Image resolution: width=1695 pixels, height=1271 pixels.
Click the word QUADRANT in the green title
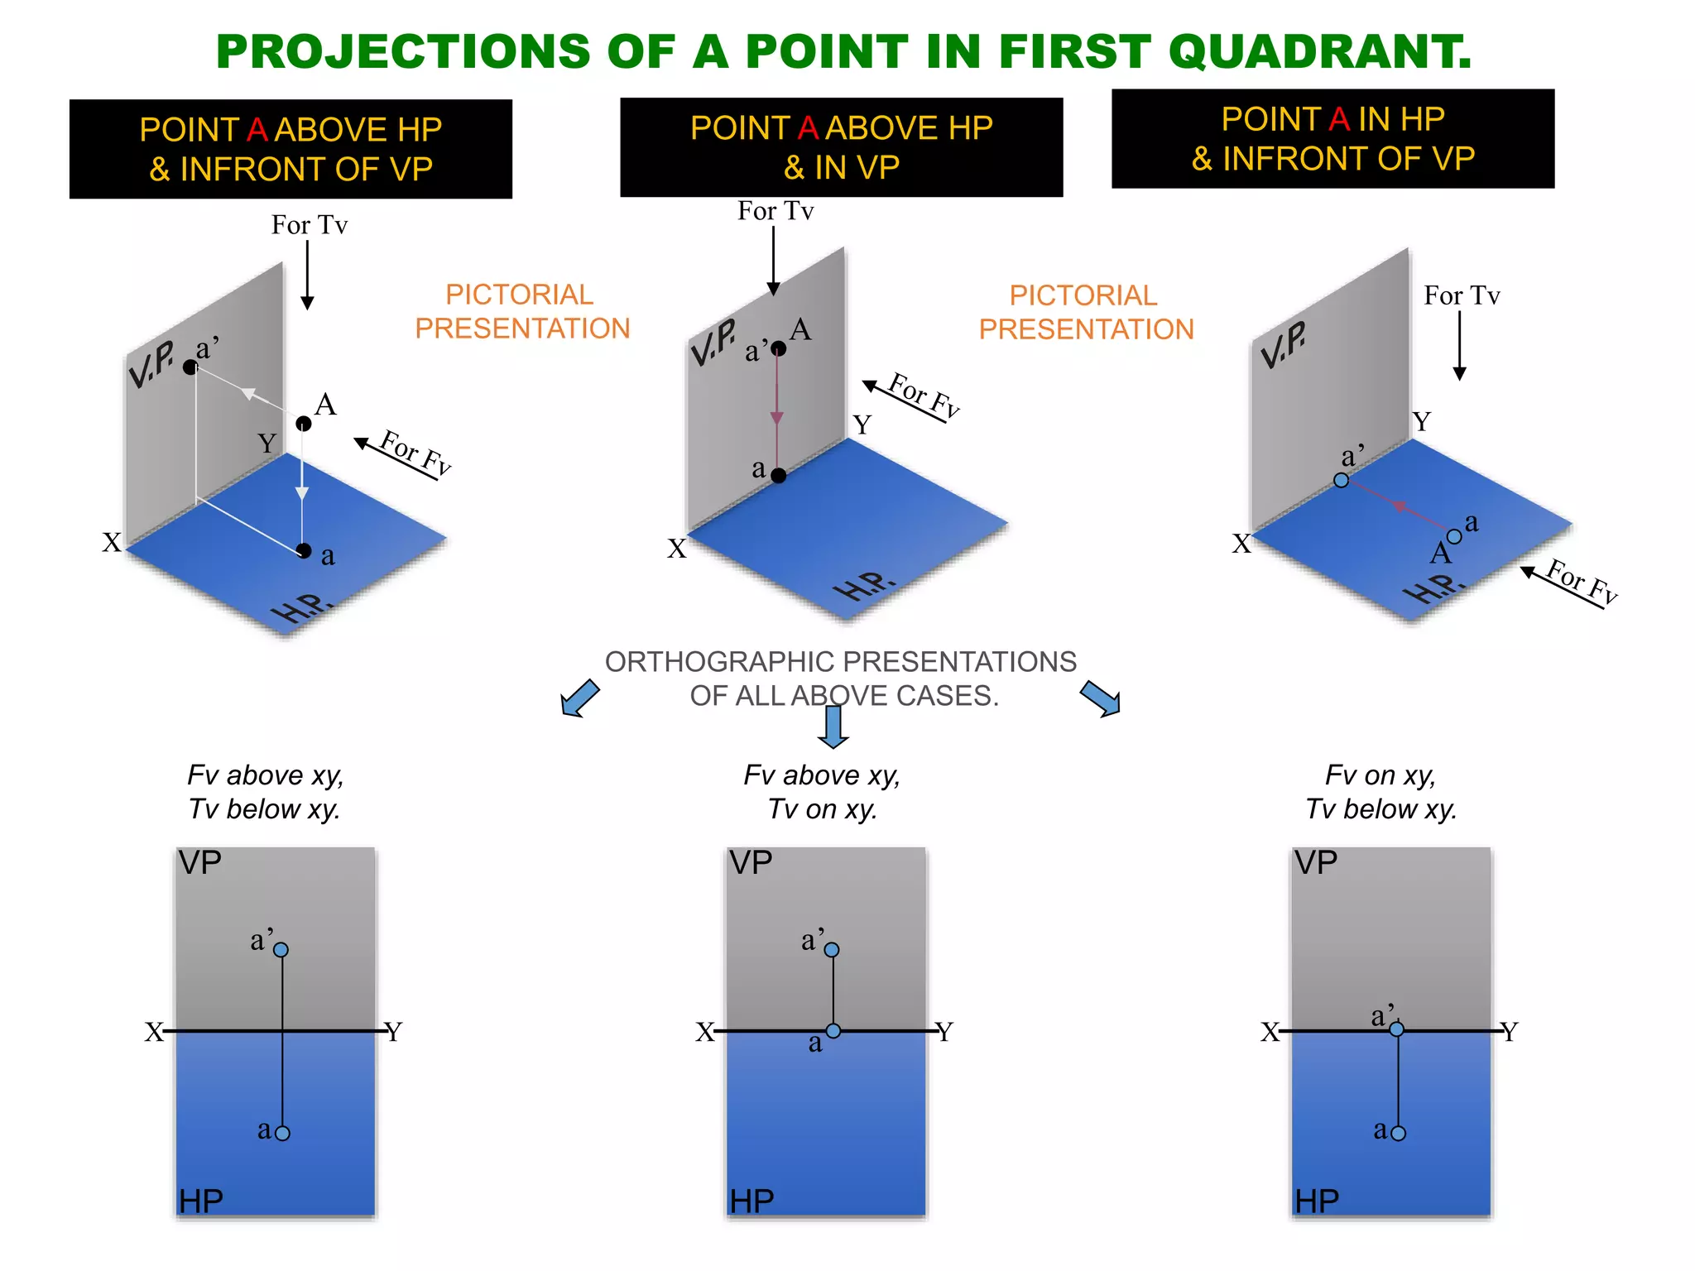click(1320, 51)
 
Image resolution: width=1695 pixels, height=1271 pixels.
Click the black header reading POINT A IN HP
click(1332, 138)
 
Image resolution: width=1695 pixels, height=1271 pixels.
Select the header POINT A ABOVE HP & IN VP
click(841, 147)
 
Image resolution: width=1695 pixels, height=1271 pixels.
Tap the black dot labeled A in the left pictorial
click(304, 424)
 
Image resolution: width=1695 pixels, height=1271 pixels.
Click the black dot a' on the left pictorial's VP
click(190, 367)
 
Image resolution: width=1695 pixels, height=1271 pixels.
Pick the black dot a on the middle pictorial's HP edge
click(778, 475)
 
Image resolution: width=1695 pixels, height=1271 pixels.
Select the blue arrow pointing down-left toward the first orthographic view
click(579, 699)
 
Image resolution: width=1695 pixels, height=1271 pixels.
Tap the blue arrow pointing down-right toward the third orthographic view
click(1102, 698)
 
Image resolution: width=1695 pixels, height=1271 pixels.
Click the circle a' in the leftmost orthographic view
click(281, 950)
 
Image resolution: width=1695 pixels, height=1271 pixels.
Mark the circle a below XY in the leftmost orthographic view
click(283, 1133)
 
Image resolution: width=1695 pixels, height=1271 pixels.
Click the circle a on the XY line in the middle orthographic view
click(833, 1031)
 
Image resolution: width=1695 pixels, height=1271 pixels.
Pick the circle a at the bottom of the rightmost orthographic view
click(1399, 1133)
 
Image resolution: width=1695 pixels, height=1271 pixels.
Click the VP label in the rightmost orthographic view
click(1316, 863)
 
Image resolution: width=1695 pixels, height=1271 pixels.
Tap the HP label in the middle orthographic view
click(751, 1201)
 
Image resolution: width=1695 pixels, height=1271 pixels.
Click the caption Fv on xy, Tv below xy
click(1380, 792)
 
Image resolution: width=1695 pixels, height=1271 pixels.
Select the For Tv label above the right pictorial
click(1462, 295)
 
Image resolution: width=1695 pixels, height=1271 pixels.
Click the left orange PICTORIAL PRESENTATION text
click(522, 311)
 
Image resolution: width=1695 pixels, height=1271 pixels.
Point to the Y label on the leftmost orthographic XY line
click(394, 1032)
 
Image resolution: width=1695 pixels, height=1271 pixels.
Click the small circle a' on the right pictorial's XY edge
click(1342, 480)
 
